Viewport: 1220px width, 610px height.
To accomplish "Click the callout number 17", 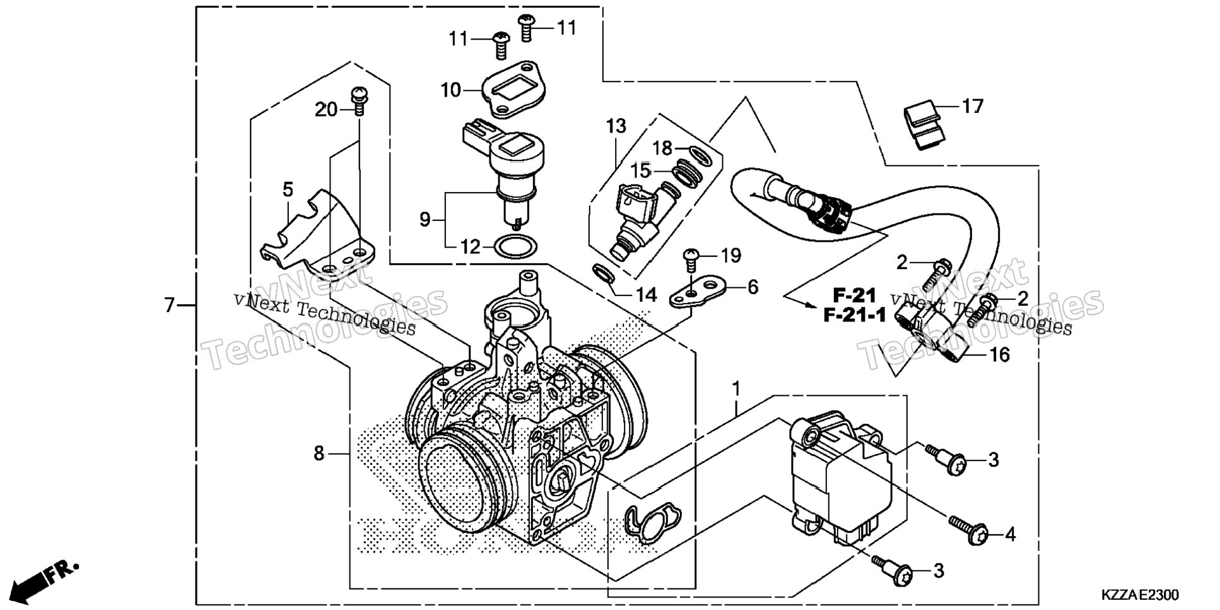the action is [x=973, y=106].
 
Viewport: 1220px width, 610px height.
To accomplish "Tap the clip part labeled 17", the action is [x=925, y=126].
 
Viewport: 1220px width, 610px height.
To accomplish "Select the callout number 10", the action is [x=451, y=90].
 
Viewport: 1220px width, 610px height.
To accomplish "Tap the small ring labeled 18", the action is [x=698, y=152].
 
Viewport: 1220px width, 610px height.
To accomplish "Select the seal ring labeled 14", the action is [x=604, y=275].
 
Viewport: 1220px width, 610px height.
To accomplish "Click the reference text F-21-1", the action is [x=855, y=315].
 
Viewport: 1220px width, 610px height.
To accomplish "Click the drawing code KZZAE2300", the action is [x=1140, y=595].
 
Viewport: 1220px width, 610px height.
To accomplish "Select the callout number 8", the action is [x=319, y=453].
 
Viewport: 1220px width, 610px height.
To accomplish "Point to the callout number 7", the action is [x=168, y=306].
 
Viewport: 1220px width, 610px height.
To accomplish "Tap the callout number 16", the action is [x=999, y=355].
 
